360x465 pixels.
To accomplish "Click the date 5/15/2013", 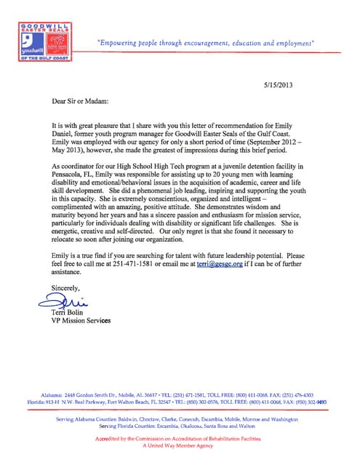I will [281, 86].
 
